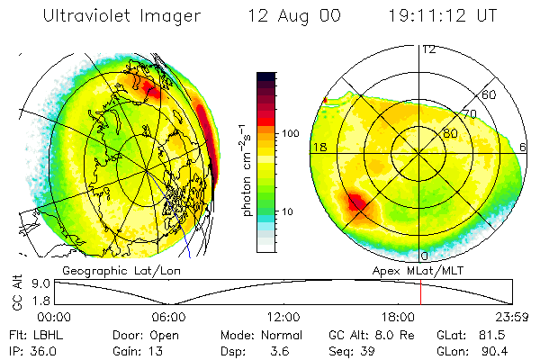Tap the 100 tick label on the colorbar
pyautogui.click(x=291, y=133)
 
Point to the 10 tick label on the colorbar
pyautogui.click(x=287, y=211)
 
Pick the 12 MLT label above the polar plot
pyautogui.click(x=428, y=49)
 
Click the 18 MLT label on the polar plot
pyautogui.click(x=319, y=147)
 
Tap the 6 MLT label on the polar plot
pyautogui.click(x=523, y=147)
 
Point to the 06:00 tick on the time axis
pyautogui.click(x=168, y=316)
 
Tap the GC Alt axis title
pyautogui.click(x=15, y=292)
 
